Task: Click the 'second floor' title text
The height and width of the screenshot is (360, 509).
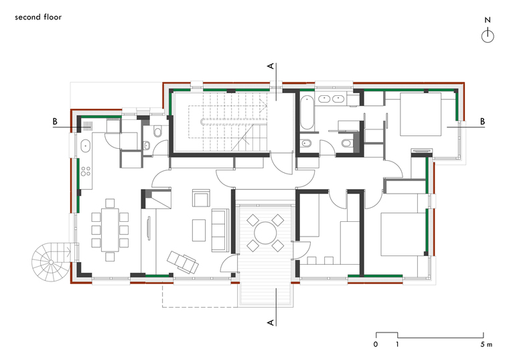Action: point(38,17)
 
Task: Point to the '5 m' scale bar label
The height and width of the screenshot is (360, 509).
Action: point(486,344)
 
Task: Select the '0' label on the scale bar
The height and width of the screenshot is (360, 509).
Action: point(376,344)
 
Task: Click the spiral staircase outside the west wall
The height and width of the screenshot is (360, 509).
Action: point(52,262)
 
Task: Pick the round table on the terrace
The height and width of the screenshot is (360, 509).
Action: point(265,233)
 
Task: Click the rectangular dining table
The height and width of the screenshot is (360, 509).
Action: point(110,230)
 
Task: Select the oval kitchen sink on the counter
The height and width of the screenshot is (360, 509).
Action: point(85,146)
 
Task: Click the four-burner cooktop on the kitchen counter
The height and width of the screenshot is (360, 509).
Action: point(86,171)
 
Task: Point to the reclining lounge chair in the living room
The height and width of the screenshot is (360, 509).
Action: point(183,262)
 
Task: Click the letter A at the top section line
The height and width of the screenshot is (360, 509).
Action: point(271,66)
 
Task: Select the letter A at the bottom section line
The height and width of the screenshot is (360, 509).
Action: point(271,322)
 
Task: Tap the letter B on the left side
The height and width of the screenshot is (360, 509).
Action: point(55,121)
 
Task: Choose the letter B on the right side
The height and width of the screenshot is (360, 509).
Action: point(482,121)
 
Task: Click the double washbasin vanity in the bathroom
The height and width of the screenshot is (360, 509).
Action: point(332,98)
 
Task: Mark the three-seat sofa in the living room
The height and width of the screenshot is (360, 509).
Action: point(220,230)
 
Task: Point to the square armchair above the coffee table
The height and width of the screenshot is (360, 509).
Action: point(201,198)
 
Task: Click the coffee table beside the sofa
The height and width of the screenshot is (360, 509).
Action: point(199,231)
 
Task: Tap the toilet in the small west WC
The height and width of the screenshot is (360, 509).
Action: point(158,131)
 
